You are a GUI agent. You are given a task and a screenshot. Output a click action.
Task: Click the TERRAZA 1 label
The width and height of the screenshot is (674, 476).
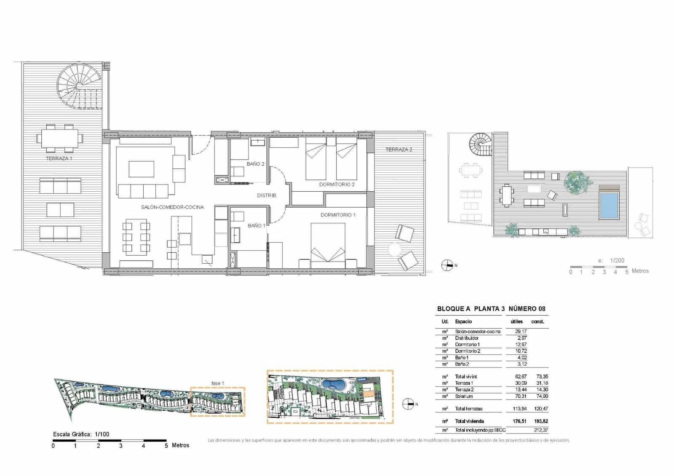[59, 159]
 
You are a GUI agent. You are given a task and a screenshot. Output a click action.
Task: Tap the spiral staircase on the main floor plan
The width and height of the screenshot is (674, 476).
[80, 86]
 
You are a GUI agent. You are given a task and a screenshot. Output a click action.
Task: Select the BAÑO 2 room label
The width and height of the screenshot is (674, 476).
[255, 164]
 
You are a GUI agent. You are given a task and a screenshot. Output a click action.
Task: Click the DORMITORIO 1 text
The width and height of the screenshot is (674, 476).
[338, 215]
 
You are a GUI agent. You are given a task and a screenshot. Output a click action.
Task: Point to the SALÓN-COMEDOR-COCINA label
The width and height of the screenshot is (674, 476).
[172, 207]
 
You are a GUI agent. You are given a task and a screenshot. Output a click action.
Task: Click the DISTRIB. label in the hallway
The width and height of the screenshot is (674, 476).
[267, 195]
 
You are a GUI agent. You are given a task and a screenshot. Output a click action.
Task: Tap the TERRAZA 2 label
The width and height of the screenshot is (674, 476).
[399, 150]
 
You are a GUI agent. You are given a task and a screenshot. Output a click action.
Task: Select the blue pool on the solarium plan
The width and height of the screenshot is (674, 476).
[609, 206]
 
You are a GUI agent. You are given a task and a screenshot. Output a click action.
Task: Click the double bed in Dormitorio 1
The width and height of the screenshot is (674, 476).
[328, 246]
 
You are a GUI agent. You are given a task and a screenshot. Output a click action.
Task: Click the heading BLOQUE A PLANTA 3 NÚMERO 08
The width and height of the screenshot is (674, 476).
[491, 309]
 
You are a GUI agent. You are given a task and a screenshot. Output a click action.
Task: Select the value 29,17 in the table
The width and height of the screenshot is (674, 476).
[521, 332]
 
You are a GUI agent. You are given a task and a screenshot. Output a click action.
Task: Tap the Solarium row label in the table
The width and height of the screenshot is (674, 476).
[464, 396]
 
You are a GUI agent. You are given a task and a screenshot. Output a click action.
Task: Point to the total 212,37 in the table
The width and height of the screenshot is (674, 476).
[540, 430]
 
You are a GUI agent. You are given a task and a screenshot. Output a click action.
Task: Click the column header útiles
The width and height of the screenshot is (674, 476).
[516, 321]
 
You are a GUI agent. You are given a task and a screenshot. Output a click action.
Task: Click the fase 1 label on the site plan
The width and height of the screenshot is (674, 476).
[217, 383]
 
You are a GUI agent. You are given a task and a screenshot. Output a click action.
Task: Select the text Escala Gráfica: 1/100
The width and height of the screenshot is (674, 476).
[81, 434]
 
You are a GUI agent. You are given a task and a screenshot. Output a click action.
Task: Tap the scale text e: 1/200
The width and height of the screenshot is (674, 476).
[611, 260]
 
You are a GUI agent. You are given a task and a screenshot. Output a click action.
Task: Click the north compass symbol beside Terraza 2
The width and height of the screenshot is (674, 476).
[447, 265]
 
